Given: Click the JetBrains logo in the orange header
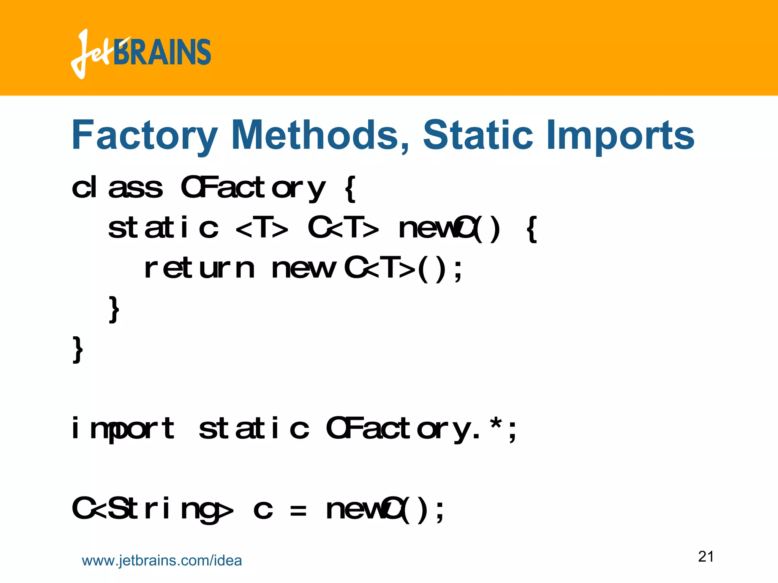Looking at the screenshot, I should [141, 53].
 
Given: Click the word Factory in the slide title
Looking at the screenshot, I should [145, 136].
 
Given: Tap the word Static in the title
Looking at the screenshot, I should [478, 135].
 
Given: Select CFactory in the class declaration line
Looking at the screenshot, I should [253, 188].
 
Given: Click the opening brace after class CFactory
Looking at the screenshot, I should [350, 189].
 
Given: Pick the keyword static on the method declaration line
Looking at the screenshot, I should [163, 228].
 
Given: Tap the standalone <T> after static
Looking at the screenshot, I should [262, 229].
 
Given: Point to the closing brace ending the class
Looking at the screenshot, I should [77, 350].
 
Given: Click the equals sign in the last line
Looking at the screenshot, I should [298, 511].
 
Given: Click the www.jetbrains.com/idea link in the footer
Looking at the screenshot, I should [162, 561].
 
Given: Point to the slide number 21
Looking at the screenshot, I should [706, 556].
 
